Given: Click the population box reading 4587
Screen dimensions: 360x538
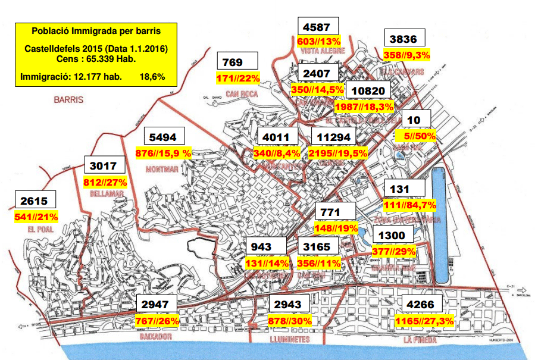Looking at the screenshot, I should pos(318,26).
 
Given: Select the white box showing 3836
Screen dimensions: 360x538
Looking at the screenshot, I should pos(405,38).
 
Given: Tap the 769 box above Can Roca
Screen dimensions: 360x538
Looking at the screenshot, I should pos(238,61).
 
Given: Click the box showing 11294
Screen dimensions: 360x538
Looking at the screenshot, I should pos(333,136).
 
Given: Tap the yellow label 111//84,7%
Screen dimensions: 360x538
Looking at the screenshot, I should pos(411,205).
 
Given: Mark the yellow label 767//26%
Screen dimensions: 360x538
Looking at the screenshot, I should pos(157,321).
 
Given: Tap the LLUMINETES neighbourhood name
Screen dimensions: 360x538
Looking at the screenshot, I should pos(289,339).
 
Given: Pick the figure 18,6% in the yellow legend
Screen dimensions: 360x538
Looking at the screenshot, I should pos(152,77).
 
